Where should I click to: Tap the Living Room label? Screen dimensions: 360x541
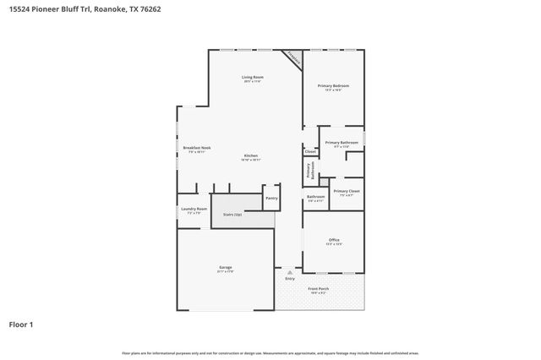(x=252, y=79)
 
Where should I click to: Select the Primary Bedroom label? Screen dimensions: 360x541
(x=334, y=87)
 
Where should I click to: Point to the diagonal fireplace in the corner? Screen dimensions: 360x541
(x=293, y=57)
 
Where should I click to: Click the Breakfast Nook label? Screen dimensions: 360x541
(x=196, y=150)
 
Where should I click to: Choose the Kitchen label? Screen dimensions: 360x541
(x=251, y=157)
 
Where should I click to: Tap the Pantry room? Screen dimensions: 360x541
(x=271, y=198)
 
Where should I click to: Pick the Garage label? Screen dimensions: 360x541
(x=226, y=270)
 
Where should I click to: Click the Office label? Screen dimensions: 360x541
(x=334, y=242)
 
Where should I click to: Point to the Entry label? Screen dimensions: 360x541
(x=290, y=278)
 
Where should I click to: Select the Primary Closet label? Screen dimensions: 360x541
(x=347, y=193)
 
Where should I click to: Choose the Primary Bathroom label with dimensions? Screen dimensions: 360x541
(x=342, y=144)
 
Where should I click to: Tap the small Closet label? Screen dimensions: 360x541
(x=310, y=151)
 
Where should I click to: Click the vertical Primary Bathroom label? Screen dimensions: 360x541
(x=310, y=170)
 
